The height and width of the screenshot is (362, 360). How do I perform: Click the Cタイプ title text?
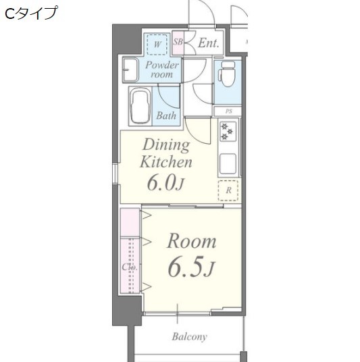(x=31, y=13)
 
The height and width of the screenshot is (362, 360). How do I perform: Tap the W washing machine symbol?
(x=157, y=45)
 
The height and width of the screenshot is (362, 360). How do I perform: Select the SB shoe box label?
(x=178, y=43)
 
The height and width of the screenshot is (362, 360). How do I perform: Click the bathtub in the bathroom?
(x=141, y=106)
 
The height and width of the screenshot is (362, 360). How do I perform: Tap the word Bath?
(x=166, y=115)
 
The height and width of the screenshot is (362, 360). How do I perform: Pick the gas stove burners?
(x=227, y=131)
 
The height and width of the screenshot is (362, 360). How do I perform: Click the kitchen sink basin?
(x=227, y=163)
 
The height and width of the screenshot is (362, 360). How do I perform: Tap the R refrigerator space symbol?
(x=228, y=190)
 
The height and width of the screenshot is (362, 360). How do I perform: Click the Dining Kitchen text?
(x=165, y=153)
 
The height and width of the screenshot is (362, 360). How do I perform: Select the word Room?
(x=191, y=241)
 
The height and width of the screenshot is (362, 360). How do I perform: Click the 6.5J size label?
(x=190, y=268)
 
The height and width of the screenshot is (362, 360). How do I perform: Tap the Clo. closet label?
(x=130, y=267)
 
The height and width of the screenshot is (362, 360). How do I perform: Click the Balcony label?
(x=189, y=336)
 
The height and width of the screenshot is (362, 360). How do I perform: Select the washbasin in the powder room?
(x=130, y=68)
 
